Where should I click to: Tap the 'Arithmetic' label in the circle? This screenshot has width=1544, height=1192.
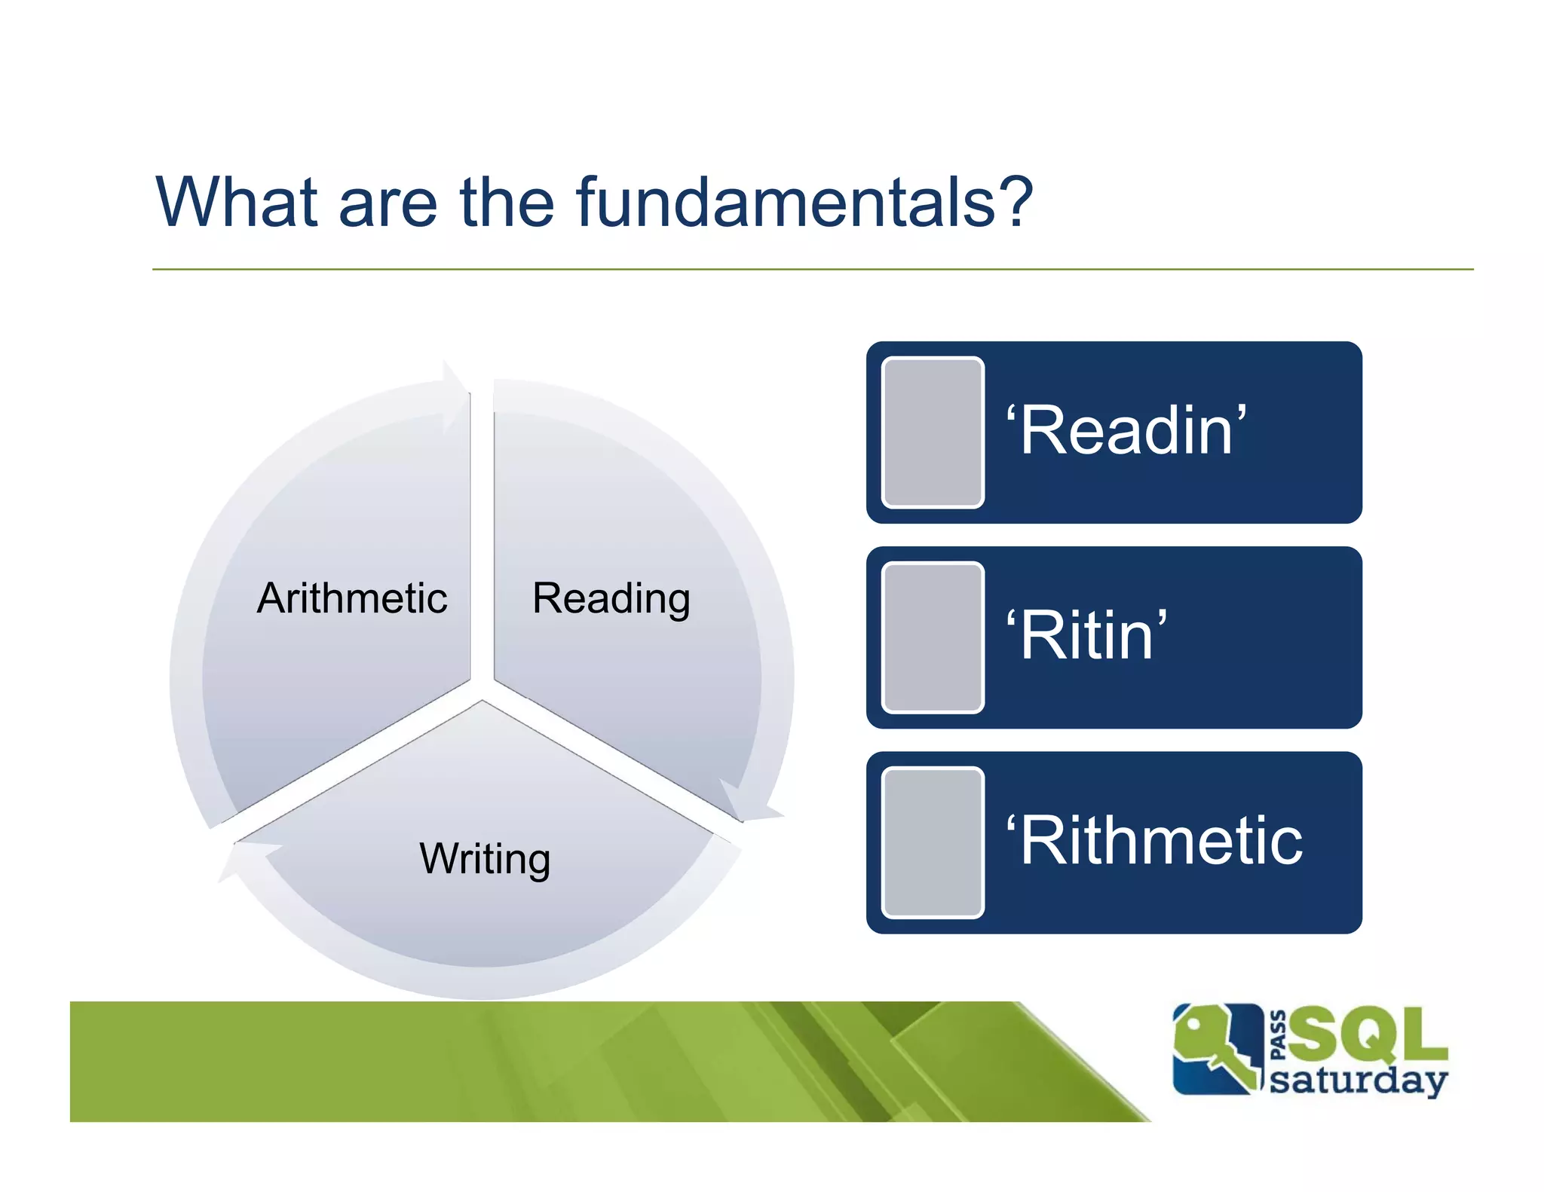tap(352, 598)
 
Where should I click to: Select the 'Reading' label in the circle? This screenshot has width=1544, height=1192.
tap(611, 598)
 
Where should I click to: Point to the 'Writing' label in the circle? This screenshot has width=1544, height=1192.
tap(485, 858)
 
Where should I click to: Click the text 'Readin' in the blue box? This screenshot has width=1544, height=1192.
tap(1126, 430)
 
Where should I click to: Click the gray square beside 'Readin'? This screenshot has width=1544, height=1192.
tap(933, 432)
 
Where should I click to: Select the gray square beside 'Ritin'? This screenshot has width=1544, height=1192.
tap(933, 637)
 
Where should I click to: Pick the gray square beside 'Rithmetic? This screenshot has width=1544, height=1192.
tap(933, 842)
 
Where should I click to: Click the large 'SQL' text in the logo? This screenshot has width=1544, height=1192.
tap(1368, 1034)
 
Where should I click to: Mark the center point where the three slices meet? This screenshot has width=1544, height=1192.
tap(482, 689)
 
